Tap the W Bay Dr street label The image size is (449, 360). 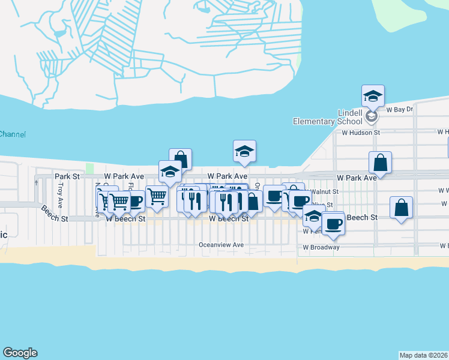[x=400, y=110]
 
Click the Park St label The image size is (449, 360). [x=67, y=176]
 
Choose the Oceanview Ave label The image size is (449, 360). [x=221, y=245]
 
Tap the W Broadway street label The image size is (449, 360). [x=321, y=247]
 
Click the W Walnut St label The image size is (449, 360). [x=324, y=191]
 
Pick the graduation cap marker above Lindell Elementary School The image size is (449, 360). [x=373, y=95]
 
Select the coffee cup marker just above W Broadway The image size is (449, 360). [x=333, y=224]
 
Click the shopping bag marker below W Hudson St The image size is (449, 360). [x=381, y=162]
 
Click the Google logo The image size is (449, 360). [x=20, y=353]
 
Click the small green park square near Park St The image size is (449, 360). [x=91, y=169]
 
